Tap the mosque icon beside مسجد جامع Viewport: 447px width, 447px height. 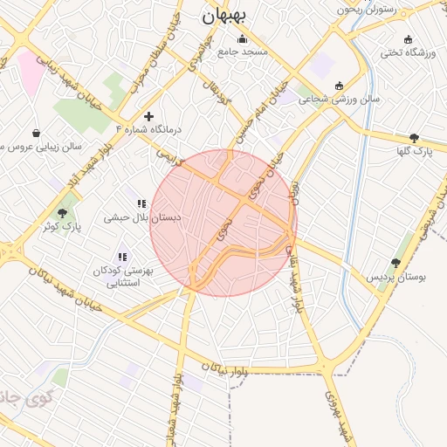pyautogui.click(x=242, y=38)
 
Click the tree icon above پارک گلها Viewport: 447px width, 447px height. pyautogui.click(x=414, y=137)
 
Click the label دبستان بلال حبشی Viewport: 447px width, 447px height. pyautogui.click(x=129, y=217)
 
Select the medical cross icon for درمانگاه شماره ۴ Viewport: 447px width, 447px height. pyautogui.click(x=149, y=115)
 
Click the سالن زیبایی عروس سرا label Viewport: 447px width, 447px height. pyautogui.click(x=52, y=147)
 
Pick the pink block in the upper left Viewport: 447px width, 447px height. pyautogui.click(x=30, y=73)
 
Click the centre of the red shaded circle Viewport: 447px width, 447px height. pyautogui.click(x=223, y=223)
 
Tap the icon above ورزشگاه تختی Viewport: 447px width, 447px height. pyautogui.click(x=409, y=39)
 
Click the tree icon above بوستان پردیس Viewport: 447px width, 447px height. pyautogui.click(x=396, y=262)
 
